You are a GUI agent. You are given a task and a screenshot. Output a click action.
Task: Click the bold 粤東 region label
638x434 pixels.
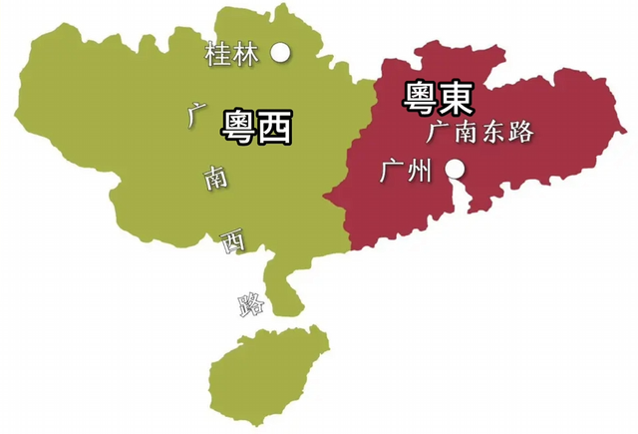click(438, 97)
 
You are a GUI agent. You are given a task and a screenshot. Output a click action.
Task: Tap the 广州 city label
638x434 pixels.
click(406, 172)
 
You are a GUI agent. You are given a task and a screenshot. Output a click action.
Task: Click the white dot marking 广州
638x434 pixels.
click(455, 170)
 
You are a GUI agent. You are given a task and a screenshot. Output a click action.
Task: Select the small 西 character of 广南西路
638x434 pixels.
click(231, 240)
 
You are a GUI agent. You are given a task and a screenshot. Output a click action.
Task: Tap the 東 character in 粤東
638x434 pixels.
click(456, 97)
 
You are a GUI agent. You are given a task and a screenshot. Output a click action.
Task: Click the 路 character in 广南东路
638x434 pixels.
click(520, 133)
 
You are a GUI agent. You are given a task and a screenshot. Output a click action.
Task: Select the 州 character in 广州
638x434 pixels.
click(420, 172)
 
